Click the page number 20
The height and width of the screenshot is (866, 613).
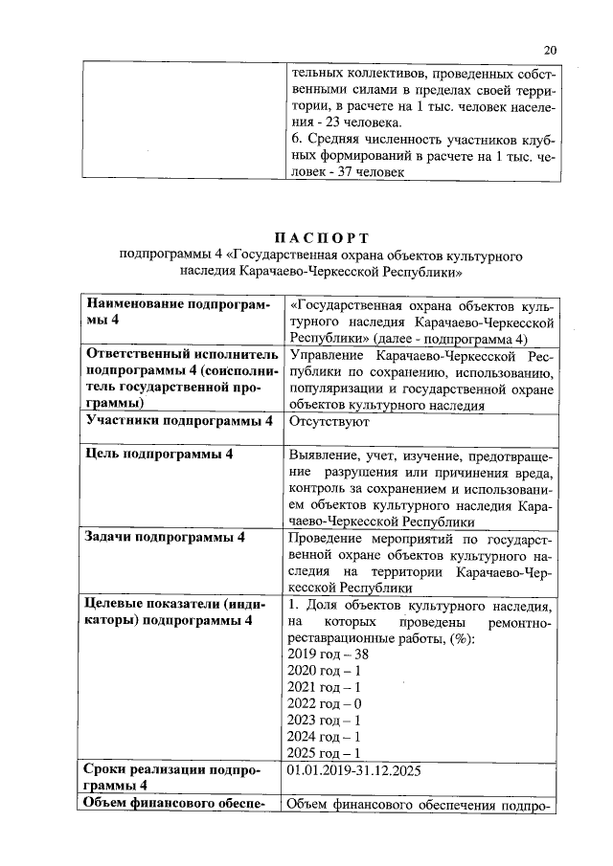tap(549, 50)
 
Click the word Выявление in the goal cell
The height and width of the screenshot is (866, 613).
tap(326, 454)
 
